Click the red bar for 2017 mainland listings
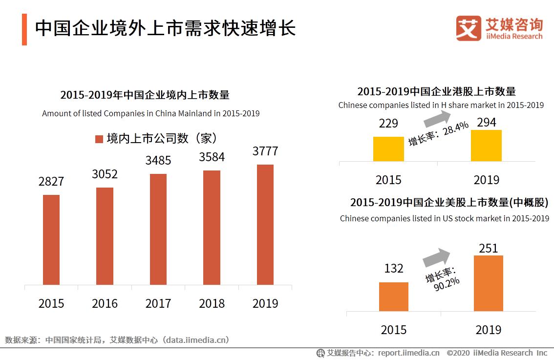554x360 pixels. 158,229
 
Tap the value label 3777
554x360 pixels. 265,151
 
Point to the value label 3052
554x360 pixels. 105,174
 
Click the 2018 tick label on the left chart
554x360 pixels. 212,303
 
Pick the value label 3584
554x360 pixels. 212,157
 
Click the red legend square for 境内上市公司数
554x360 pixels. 99,139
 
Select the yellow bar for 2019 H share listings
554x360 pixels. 486,146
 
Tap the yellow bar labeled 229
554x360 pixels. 388,149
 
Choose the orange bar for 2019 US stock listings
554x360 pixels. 488,283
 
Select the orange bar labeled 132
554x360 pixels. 393,296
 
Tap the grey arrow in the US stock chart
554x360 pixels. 436,257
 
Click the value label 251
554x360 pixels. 488,248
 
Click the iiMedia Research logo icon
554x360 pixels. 468,28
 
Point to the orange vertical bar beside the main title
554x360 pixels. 24,29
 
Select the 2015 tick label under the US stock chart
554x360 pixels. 393,330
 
